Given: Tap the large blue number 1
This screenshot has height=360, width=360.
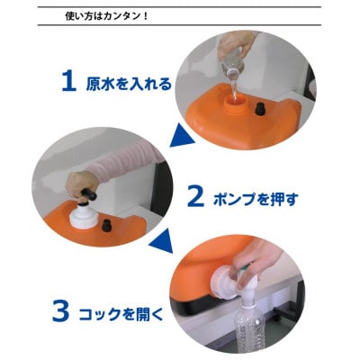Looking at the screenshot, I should click(67, 82).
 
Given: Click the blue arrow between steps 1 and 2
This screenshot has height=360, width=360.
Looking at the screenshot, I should click(184, 137).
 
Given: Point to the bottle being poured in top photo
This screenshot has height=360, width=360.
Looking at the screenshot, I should click(233, 67).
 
